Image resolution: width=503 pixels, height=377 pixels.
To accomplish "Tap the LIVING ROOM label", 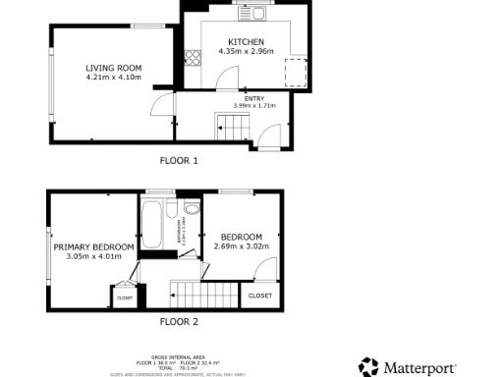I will coord(113,67).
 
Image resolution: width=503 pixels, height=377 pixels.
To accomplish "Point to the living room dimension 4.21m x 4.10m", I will coord(113,77).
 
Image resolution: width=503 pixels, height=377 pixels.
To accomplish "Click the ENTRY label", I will coord(253,97).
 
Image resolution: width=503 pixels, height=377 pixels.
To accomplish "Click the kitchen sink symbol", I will coord(258,13).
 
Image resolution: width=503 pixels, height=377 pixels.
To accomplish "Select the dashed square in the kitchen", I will coord(294,73).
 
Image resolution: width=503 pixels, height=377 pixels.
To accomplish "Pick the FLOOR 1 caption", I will coord(178,159).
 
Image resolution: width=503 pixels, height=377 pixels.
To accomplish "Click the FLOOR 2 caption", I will coord(178,321).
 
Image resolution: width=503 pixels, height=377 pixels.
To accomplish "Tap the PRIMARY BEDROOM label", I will coord(94,246).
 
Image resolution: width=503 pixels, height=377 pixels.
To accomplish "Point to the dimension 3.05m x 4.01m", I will coord(94,256).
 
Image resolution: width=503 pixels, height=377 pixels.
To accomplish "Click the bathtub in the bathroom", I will coord(152,226).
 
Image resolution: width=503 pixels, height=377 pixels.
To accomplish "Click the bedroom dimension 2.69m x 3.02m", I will coord(241,246).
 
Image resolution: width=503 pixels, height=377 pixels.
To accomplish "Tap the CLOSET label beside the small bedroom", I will coord(259,296).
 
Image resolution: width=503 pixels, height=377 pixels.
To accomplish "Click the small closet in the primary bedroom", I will coord(125,296).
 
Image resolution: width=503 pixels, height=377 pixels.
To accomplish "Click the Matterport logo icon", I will coord(368,367).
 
